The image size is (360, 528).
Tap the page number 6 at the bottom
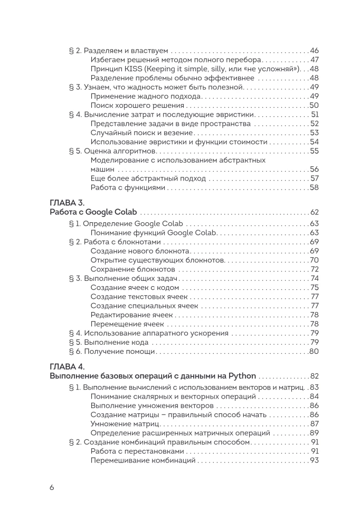point(52,487)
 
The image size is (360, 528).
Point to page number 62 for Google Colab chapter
point(315,212)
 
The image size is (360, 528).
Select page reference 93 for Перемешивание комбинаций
point(315,461)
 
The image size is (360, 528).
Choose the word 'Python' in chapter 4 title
point(242,376)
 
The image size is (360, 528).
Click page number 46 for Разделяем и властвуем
point(315,51)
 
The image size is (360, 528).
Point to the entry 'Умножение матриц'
point(125,424)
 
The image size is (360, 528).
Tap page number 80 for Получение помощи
point(315,352)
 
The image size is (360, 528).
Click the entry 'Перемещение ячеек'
point(127,324)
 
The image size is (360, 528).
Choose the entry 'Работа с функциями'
point(128,187)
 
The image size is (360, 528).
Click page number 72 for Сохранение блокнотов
point(315,269)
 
